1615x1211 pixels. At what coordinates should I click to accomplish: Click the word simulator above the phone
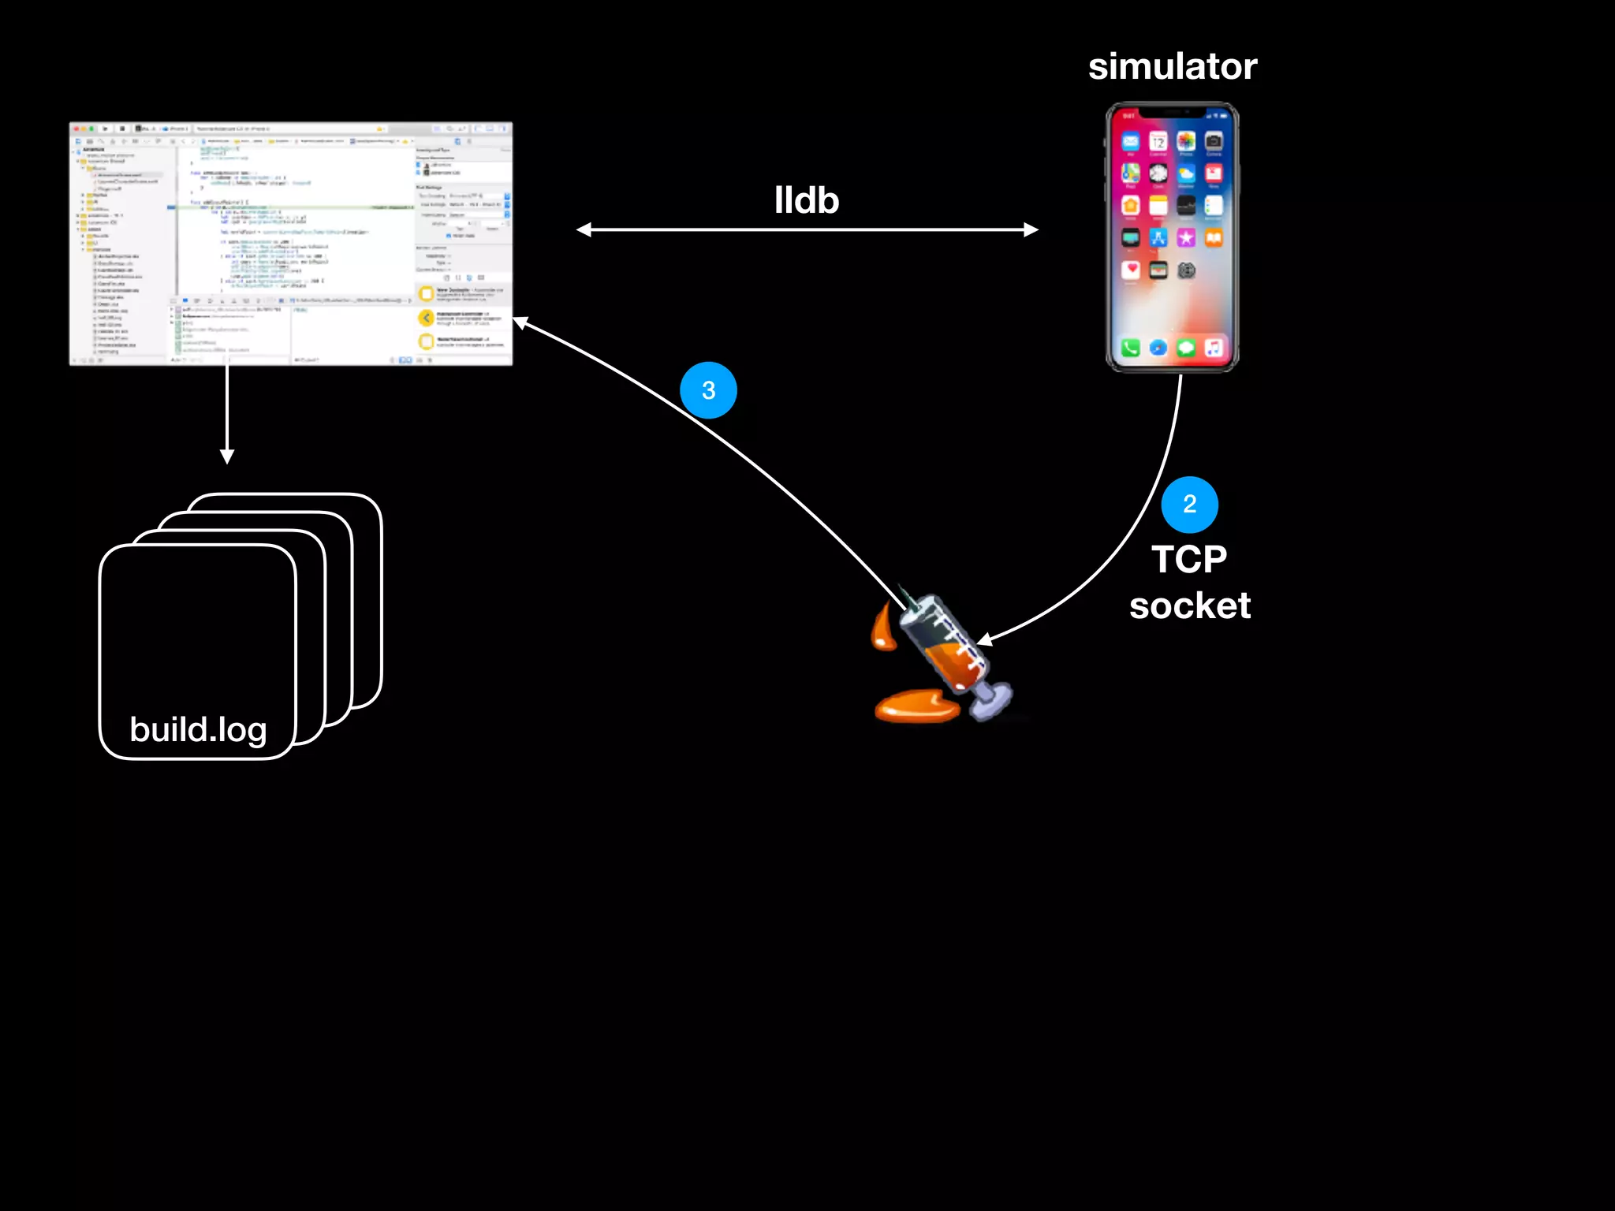[1173, 66]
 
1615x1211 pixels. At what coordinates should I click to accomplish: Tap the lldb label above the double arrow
[806, 201]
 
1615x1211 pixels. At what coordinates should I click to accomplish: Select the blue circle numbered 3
[708, 390]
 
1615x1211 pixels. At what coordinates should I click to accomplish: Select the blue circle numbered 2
[1189, 505]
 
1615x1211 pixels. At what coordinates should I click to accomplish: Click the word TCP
[1189, 560]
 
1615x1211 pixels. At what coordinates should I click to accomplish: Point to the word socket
[1189, 606]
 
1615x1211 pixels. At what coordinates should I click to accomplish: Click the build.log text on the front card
[198, 730]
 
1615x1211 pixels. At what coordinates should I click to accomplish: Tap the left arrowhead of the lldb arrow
[584, 230]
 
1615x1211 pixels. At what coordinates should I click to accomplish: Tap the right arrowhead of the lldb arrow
[1031, 230]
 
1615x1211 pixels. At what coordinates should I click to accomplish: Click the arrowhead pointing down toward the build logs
[227, 456]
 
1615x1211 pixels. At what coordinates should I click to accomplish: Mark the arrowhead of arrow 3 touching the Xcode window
[520, 322]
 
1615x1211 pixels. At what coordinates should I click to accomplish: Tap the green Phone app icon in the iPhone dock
[1130, 348]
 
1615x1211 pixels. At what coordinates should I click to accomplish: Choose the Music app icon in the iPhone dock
[1214, 348]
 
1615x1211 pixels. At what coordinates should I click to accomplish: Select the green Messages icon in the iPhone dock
[1186, 348]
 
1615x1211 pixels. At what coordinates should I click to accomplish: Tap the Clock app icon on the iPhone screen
[1158, 173]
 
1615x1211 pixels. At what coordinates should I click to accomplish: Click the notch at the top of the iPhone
[1172, 112]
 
